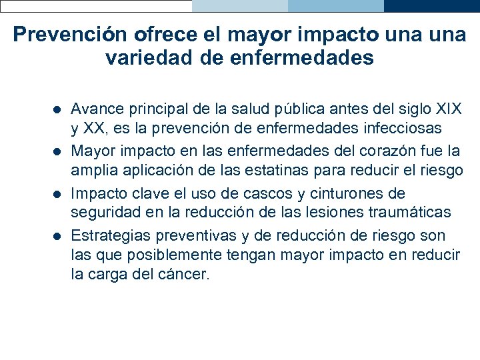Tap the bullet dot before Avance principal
57,109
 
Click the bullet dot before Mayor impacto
57,151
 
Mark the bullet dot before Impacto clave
57,194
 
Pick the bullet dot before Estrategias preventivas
57,237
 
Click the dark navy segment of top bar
431,6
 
